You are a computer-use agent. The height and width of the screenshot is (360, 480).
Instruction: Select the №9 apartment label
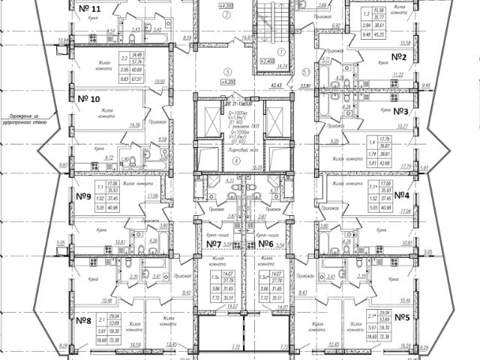pos(83,196)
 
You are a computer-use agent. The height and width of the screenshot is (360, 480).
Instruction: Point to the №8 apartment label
pos(83,319)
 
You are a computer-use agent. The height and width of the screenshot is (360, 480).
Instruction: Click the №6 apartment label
pos(264,244)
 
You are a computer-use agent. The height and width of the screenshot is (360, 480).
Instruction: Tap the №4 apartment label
pos(400,196)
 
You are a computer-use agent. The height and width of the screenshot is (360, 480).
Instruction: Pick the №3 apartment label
pos(400,112)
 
